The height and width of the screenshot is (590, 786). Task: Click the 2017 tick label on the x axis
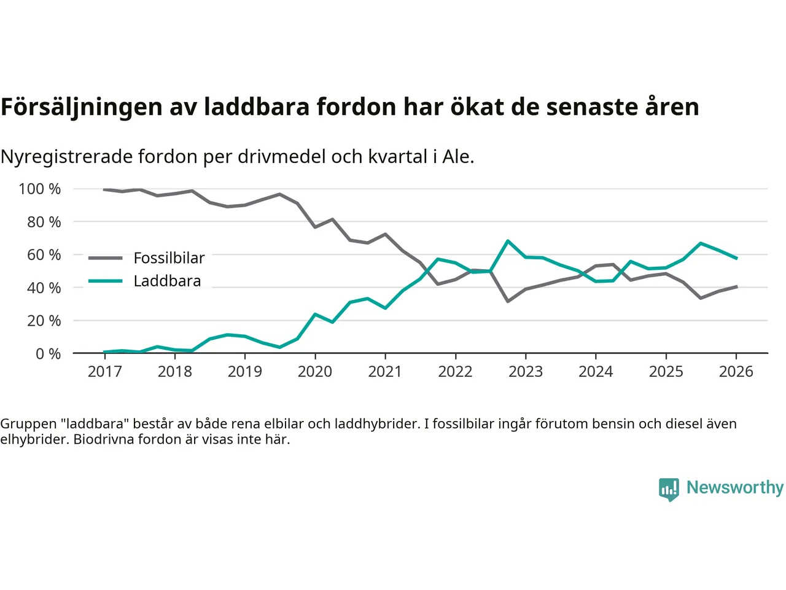pos(105,371)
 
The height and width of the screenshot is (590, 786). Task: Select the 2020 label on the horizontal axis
pos(315,371)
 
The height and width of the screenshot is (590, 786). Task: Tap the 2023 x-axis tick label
pos(526,371)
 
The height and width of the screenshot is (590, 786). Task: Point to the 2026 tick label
pos(736,371)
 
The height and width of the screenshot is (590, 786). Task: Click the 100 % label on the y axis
pos(40,189)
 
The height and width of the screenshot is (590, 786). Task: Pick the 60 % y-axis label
pos(44,254)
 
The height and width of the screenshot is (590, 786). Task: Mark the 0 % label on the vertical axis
pos(48,353)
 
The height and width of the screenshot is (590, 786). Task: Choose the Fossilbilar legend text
pos(169,258)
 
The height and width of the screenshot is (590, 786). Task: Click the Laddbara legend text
pos(167,281)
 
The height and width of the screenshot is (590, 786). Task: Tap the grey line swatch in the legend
pos(105,258)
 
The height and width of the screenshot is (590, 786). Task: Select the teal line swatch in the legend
pos(105,281)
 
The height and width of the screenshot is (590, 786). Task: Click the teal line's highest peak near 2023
pos(508,241)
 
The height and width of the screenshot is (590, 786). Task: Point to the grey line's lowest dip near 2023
pos(508,301)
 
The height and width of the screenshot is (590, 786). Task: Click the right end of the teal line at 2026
pos(736,258)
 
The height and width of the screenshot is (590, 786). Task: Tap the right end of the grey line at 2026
pos(736,286)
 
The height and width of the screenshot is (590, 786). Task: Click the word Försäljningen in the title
pos(82,107)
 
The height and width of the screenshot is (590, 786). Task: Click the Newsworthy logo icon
pos(669,489)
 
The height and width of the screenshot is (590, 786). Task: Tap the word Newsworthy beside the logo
pos(734,487)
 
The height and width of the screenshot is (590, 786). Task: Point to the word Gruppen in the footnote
pos(28,423)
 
